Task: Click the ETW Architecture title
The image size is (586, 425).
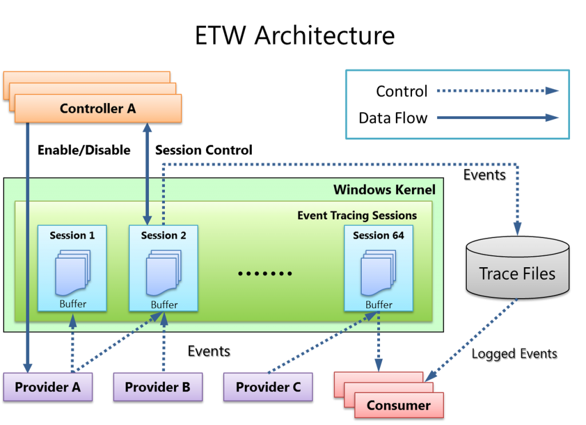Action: click(x=295, y=35)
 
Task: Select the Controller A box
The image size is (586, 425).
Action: click(x=98, y=108)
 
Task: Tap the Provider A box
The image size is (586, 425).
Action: click(x=48, y=387)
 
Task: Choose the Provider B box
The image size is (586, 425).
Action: click(x=158, y=387)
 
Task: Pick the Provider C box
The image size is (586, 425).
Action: click(x=268, y=387)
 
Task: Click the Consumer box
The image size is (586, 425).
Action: click(x=399, y=405)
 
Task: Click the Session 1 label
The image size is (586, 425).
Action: click(x=72, y=235)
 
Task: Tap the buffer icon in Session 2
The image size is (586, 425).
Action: click(x=164, y=273)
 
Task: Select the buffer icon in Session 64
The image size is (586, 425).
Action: click(x=378, y=273)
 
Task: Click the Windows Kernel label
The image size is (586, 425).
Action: click(x=384, y=190)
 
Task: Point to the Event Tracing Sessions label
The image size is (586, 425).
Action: click(x=357, y=216)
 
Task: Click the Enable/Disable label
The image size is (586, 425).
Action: click(x=84, y=150)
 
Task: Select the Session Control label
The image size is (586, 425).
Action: click(x=204, y=150)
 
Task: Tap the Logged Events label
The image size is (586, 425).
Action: click(x=514, y=353)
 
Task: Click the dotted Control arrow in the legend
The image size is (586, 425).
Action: click(x=498, y=91)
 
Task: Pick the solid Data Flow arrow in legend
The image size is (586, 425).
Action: click(x=498, y=118)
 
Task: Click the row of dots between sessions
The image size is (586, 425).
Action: click(x=265, y=274)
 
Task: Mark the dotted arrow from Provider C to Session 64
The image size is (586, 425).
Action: click(x=323, y=342)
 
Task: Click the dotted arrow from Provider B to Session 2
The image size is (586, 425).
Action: click(x=164, y=341)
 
